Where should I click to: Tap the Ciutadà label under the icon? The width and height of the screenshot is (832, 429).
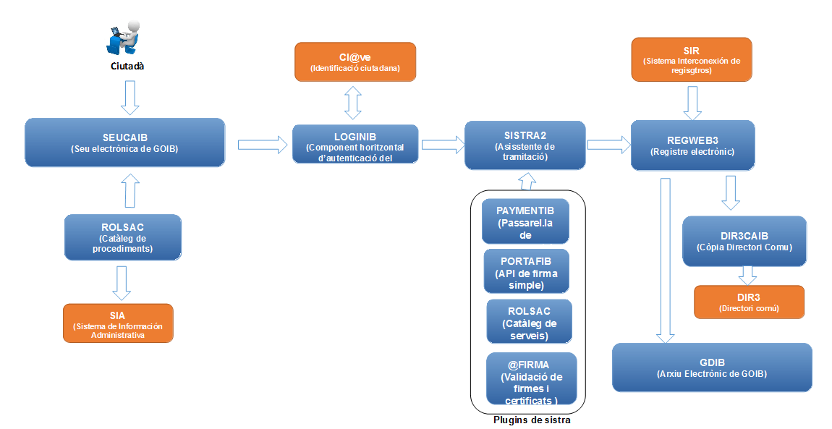127,66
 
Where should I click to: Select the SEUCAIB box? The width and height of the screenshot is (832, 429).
124,143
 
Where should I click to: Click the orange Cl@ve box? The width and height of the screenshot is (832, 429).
355,61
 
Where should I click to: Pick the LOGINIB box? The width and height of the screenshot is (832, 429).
355,145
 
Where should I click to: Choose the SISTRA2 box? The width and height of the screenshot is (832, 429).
525,145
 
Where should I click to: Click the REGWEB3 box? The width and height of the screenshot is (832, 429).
692,145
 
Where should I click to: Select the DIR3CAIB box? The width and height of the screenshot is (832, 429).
743,241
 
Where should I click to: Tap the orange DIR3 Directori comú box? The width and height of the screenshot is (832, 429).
749,302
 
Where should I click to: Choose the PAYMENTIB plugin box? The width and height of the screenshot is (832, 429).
525,221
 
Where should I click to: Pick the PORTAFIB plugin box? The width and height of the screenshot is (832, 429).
526,271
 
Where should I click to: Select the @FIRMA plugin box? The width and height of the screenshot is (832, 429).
531,378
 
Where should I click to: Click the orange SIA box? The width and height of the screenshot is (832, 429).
118,323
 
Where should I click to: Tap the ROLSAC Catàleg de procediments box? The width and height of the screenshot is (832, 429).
122,237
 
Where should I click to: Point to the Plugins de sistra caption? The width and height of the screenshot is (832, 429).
532,420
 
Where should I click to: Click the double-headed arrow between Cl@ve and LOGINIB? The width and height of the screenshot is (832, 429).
353,103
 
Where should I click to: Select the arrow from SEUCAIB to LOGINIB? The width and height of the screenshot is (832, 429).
262,144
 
